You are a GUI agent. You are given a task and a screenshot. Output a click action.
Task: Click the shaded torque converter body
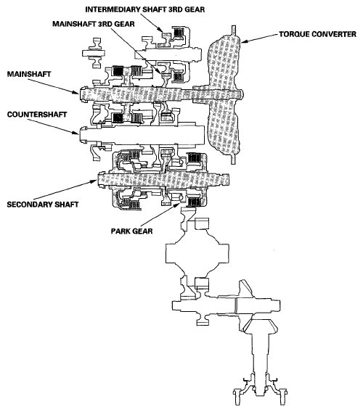tap(229, 94)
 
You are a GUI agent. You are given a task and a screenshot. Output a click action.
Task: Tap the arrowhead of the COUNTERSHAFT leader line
tap(81, 132)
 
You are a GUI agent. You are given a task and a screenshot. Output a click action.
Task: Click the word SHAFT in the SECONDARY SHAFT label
tap(61, 205)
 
